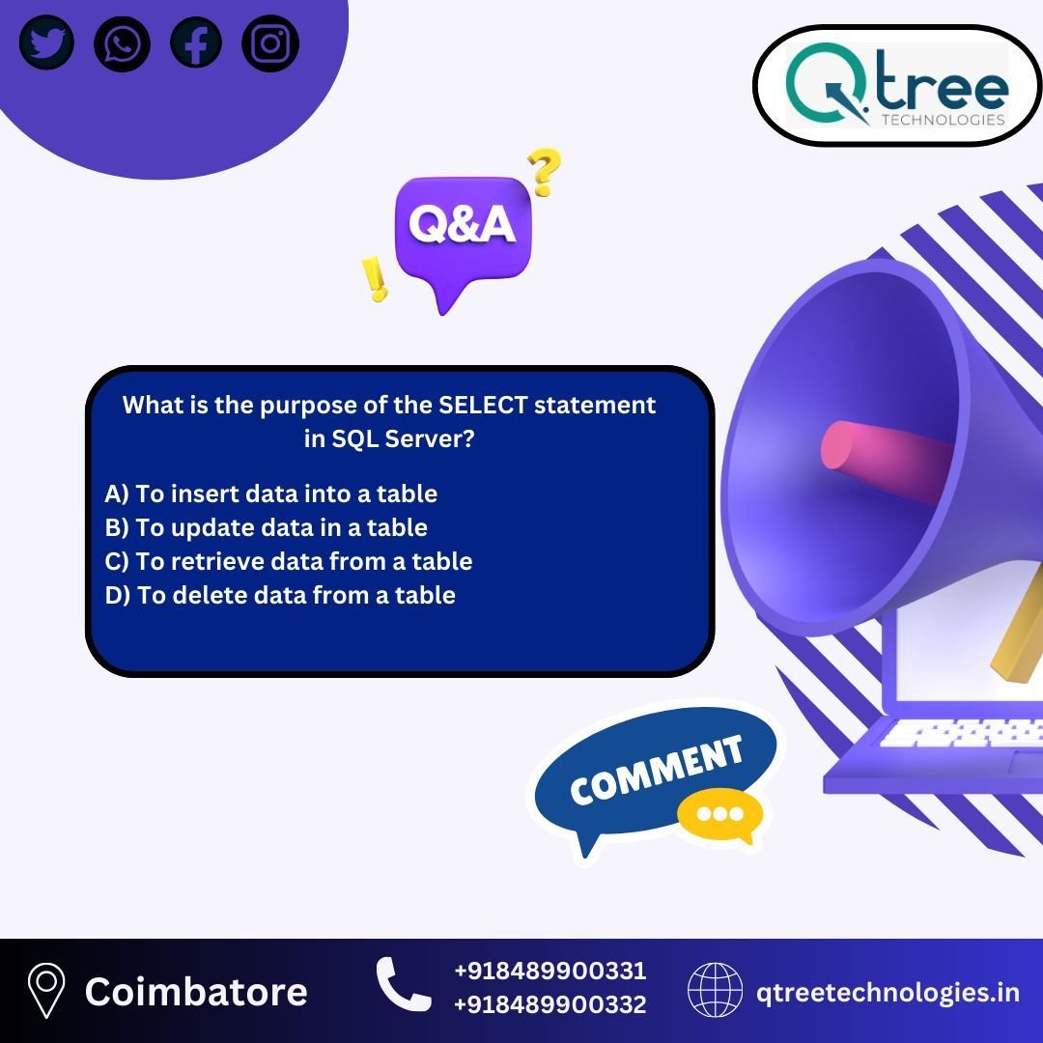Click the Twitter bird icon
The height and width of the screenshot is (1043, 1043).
tap(46, 42)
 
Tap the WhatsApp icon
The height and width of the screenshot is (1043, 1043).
tap(123, 43)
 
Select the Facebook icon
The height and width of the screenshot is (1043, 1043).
tap(196, 42)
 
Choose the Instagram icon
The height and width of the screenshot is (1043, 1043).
tap(270, 43)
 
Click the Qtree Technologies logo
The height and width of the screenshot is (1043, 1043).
tap(897, 85)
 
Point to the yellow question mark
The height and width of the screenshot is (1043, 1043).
tap(544, 171)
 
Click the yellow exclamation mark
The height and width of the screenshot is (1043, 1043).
tap(375, 279)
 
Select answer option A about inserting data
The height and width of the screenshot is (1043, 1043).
tap(270, 493)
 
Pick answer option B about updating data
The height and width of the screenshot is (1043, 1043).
tap(267, 527)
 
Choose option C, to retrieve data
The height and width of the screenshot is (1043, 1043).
tap(289, 561)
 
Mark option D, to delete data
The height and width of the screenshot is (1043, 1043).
tap(280, 595)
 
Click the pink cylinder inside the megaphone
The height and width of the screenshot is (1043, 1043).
tap(885, 459)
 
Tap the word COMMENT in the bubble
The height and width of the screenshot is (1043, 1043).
tap(656, 771)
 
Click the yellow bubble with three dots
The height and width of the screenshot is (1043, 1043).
tap(720, 815)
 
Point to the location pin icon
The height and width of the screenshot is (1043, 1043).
tap(46, 991)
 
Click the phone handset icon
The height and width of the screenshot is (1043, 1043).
tap(403, 984)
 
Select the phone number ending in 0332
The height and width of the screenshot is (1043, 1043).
tap(550, 1004)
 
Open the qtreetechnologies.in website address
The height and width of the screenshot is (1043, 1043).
tap(888, 993)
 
